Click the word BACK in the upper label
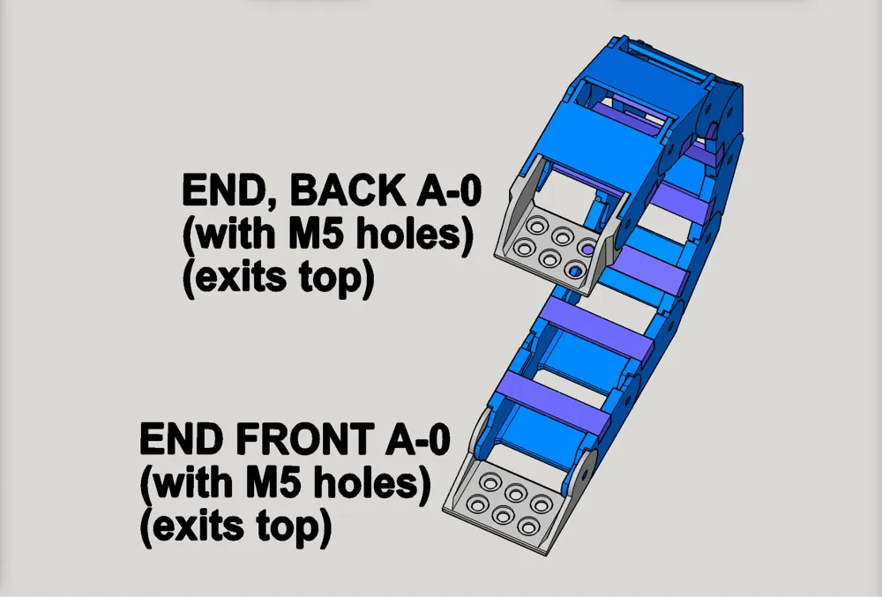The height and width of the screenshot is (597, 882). click(347, 190)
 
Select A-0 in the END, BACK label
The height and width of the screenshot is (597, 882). click(448, 190)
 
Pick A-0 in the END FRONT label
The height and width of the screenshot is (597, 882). click(417, 439)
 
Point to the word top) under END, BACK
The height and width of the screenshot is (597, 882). click(337, 279)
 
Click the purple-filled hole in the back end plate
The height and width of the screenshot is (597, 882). click(587, 247)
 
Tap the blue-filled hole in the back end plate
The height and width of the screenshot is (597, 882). click(575, 271)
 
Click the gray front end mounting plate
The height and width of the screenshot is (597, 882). click(503, 504)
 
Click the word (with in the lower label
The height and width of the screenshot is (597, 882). click(189, 482)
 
